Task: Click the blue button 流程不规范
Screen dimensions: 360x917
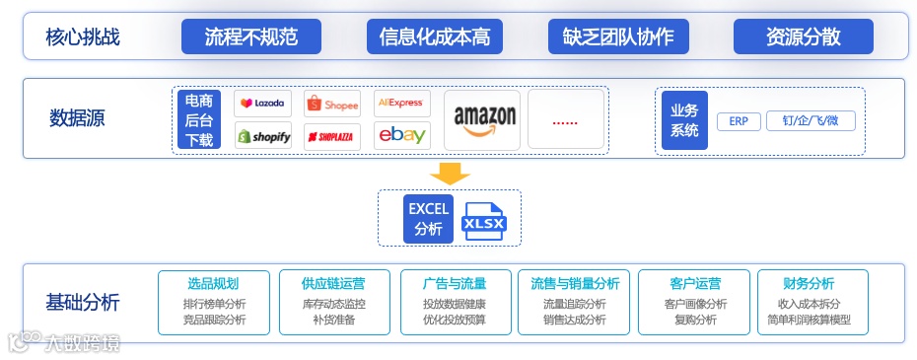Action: tap(250, 37)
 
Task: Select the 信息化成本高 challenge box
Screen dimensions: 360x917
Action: tap(434, 37)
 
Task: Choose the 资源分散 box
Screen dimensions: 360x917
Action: tap(803, 37)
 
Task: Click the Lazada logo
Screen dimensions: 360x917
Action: tap(262, 103)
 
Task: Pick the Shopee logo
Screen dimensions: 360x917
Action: tap(332, 103)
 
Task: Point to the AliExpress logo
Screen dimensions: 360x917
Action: tap(401, 103)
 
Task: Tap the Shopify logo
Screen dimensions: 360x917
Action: tap(262, 136)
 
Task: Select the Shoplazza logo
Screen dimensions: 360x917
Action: tap(332, 136)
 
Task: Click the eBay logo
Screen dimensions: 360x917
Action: tap(401, 136)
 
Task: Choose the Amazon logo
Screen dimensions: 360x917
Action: tap(484, 119)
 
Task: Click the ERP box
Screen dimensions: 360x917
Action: tap(738, 121)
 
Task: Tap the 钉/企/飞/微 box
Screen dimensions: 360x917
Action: tap(811, 121)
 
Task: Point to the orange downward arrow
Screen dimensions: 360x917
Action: tap(450, 173)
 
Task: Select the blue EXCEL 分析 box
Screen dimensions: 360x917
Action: tap(429, 218)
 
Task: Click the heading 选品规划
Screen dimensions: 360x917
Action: tap(213, 284)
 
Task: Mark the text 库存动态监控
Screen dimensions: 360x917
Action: tap(333, 304)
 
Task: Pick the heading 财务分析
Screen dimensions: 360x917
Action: tap(809, 284)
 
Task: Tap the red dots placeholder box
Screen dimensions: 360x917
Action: tap(565, 119)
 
